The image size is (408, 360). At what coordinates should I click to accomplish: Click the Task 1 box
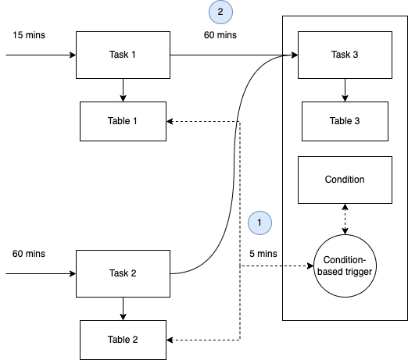pyautogui.click(x=123, y=55)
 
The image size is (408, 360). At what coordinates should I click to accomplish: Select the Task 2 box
pyautogui.click(x=122, y=273)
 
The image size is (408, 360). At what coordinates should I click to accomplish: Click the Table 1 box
pyautogui.click(x=123, y=121)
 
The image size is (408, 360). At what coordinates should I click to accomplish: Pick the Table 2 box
pyautogui.click(x=123, y=340)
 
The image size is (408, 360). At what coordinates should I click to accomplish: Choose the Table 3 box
pyautogui.click(x=345, y=121)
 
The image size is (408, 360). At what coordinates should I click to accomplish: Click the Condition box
pyautogui.click(x=345, y=179)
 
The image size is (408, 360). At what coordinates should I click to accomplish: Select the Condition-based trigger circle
pyautogui.click(x=345, y=266)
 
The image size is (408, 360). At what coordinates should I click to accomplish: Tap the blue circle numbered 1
pyautogui.click(x=259, y=223)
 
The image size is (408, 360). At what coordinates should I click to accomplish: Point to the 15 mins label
pyautogui.click(x=30, y=35)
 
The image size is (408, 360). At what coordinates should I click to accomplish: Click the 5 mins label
pyautogui.click(x=263, y=254)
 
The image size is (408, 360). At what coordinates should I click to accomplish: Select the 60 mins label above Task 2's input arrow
pyautogui.click(x=30, y=254)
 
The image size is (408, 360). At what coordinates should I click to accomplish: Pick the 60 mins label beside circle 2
pyautogui.click(x=220, y=35)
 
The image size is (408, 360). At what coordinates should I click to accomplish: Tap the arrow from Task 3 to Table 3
pyautogui.click(x=345, y=90)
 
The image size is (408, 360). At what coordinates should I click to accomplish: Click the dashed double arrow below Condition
pyautogui.click(x=345, y=219)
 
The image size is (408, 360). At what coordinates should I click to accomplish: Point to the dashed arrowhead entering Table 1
pyautogui.click(x=171, y=121)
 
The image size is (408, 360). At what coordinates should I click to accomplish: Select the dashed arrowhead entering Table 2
pyautogui.click(x=171, y=340)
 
